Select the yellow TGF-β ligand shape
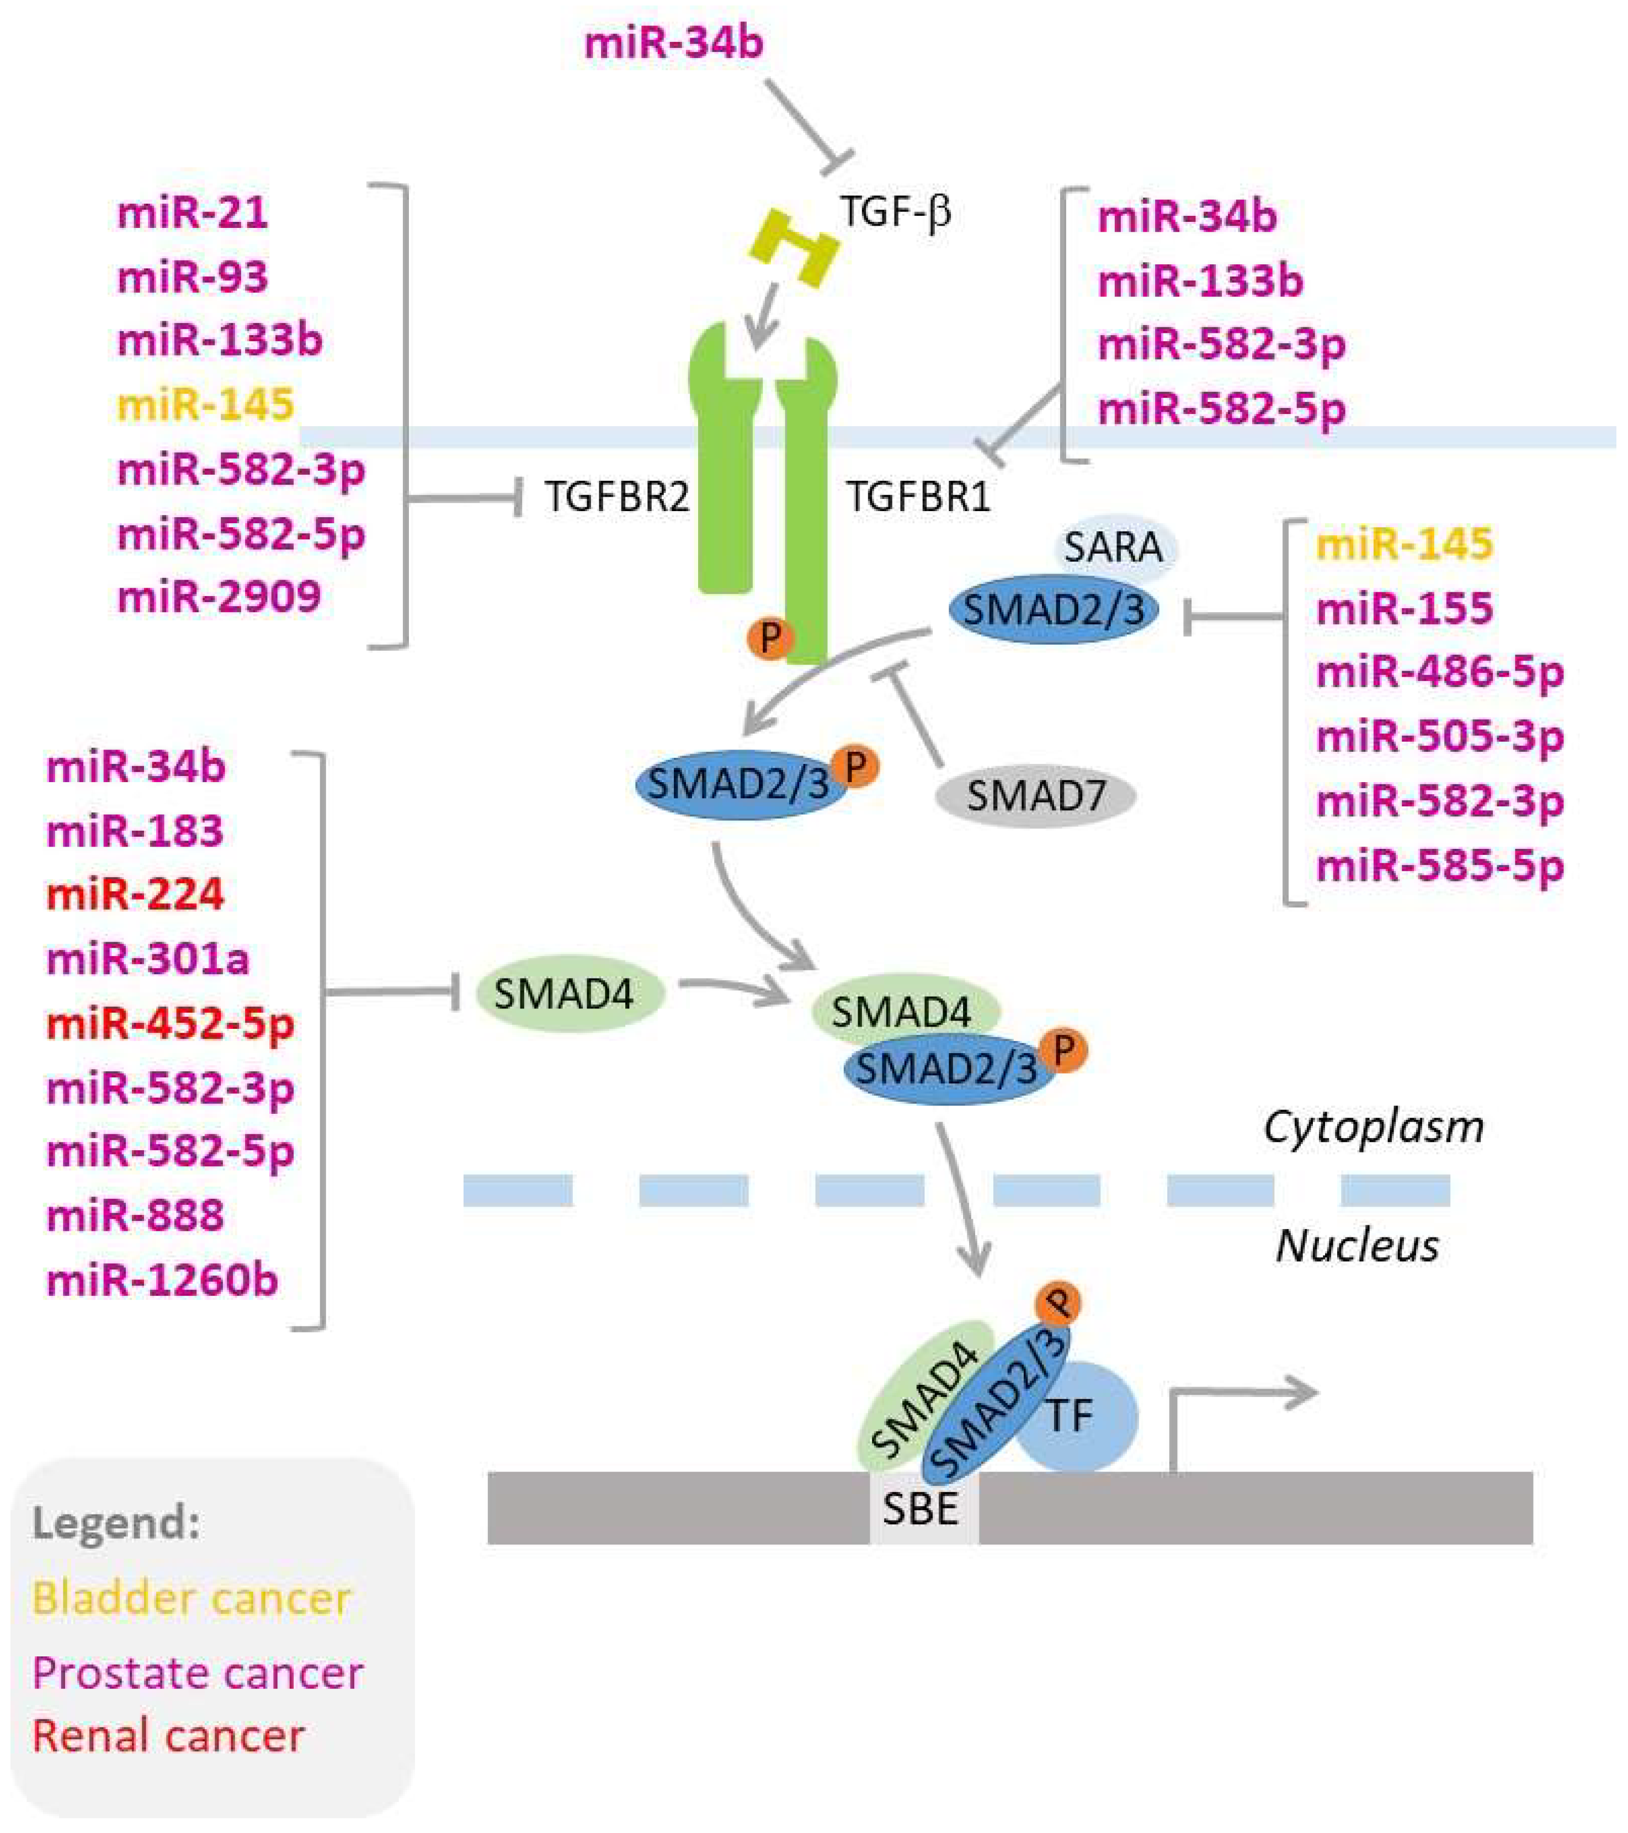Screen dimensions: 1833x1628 [x=794, y=248]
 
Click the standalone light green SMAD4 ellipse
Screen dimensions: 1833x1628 [x=568, y=993]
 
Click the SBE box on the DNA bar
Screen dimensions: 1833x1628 [x=923, y=1509]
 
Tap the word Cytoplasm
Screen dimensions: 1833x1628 [x=1374, y=1127]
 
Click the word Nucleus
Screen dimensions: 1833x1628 [x=1357, y=1246]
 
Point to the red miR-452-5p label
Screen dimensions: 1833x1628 [x=171, y=1023]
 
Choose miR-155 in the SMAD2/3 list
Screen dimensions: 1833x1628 [x=1404, y=609]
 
